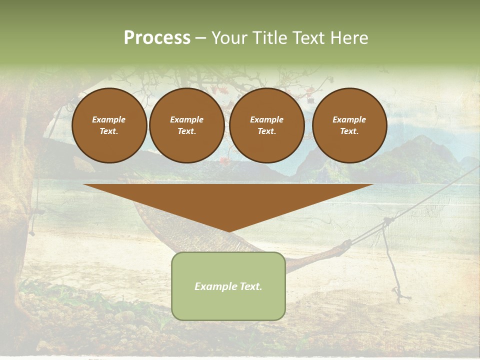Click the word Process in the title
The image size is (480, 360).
[157, 38]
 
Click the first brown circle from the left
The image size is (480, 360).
[109, 125]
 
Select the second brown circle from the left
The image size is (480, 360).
[187, 125]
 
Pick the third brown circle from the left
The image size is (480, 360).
[267, 125]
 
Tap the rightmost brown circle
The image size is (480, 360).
[349, 125]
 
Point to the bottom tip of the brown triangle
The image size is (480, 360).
[228, 230]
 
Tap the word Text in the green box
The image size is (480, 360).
[251, 286]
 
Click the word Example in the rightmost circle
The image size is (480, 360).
[349, 119]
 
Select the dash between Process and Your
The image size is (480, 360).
[200, 38]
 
